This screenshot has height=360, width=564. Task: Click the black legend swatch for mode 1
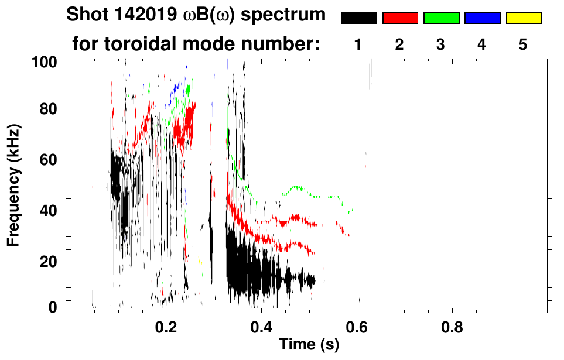[358, 18]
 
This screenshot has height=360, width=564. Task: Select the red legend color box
[400, 18]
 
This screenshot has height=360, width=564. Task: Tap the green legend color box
[441, 18]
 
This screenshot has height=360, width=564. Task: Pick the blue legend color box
[482, 18]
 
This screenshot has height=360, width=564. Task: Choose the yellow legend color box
[524, 18]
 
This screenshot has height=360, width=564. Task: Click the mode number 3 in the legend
[441, 45]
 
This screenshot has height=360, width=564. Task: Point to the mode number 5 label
[524, 45]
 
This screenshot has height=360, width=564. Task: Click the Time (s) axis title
[309, 345]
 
